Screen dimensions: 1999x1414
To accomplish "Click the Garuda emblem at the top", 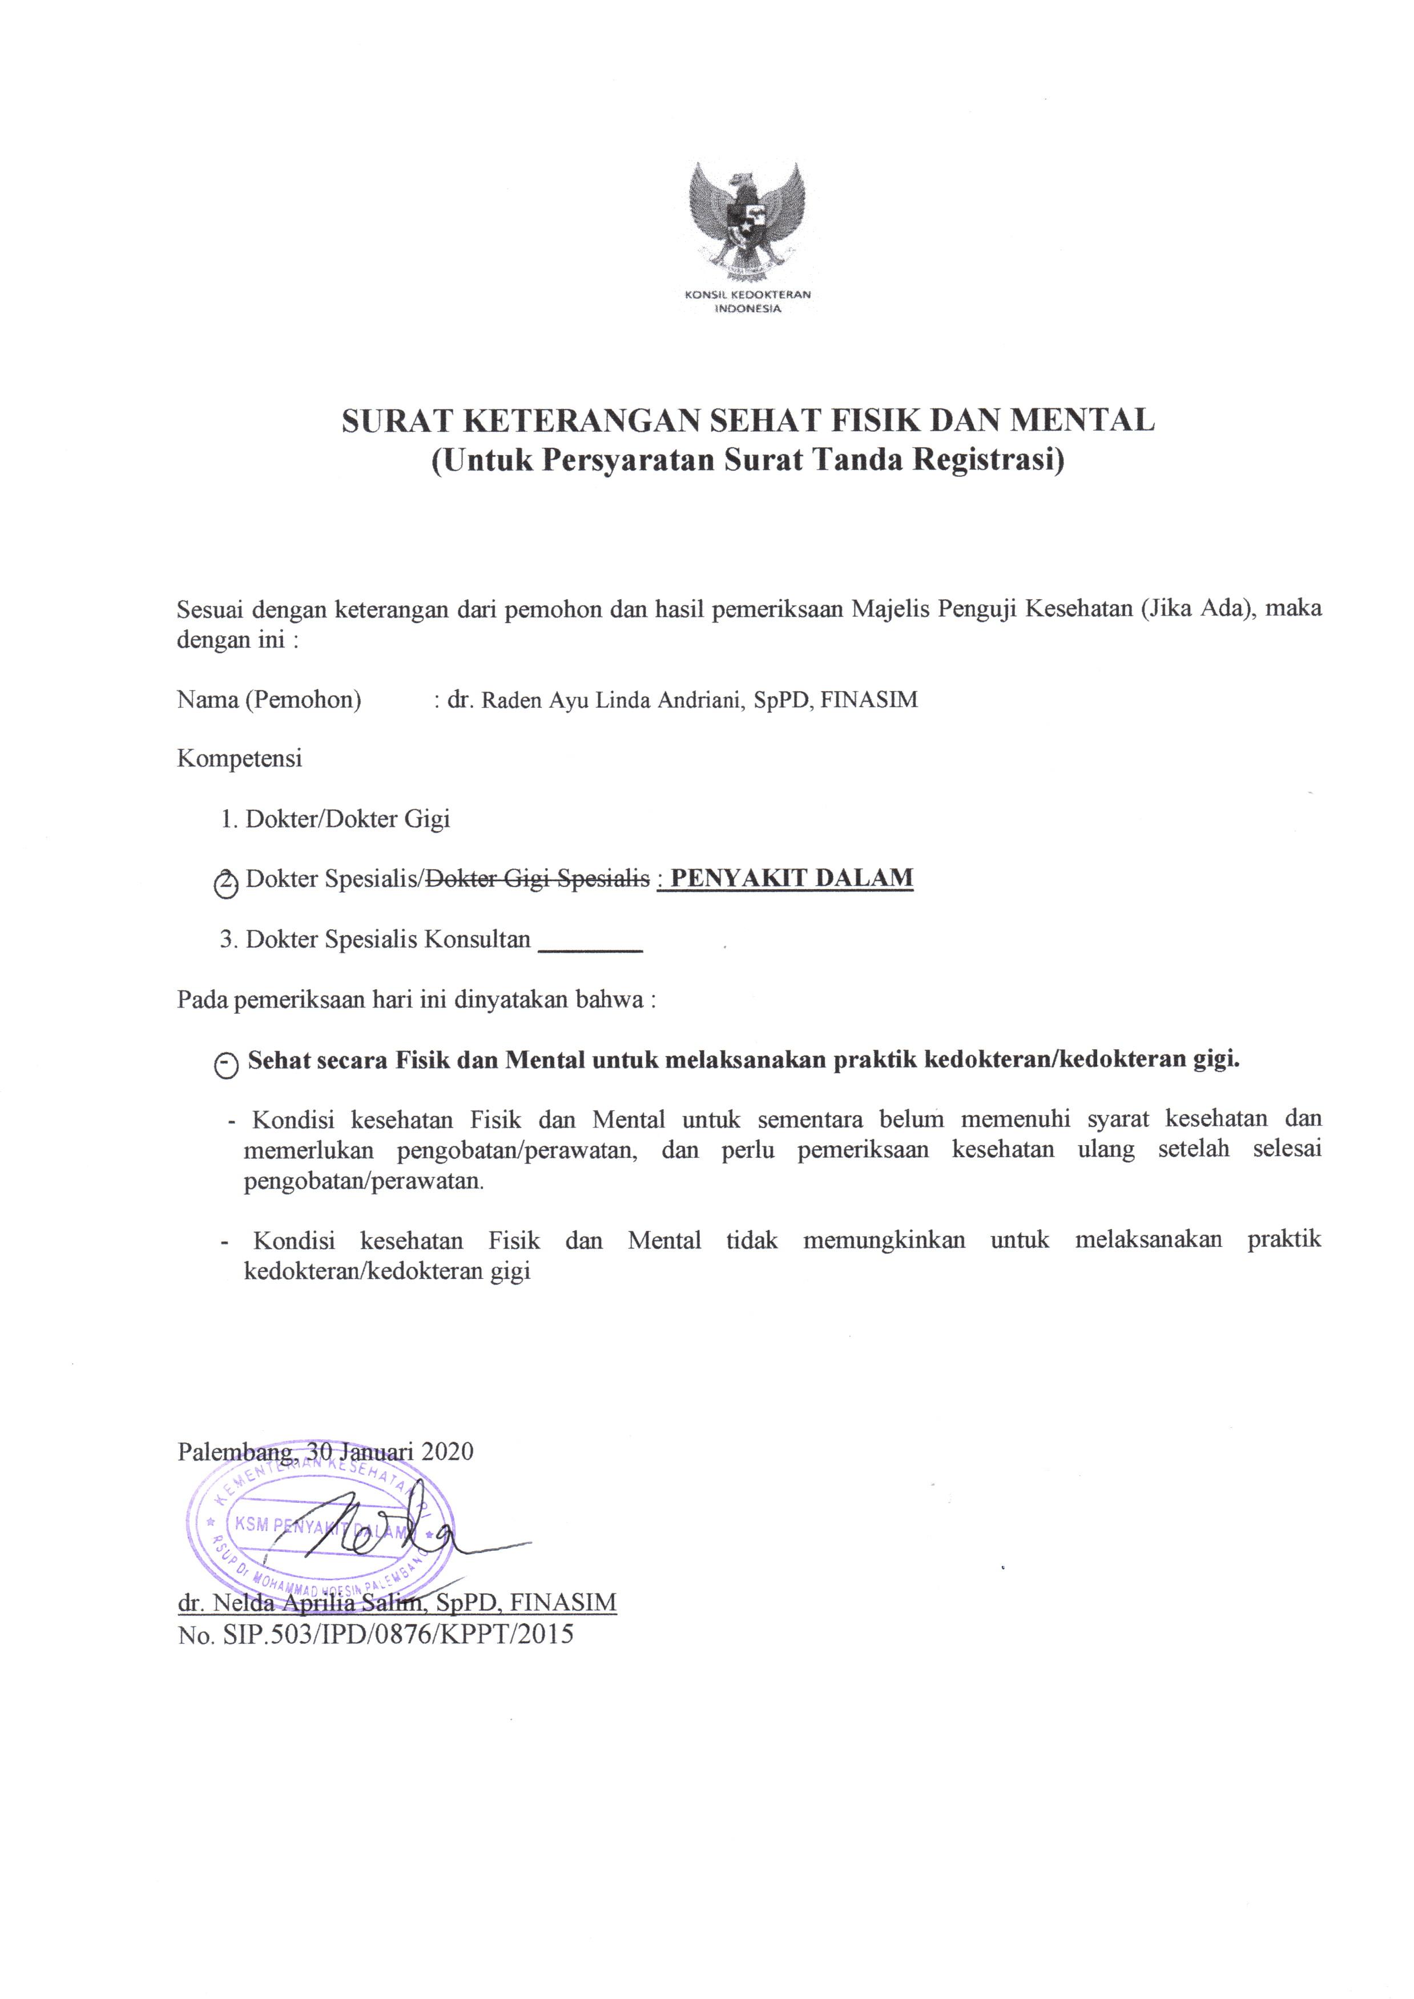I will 747,218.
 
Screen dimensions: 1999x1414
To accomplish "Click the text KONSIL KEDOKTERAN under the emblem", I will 748,294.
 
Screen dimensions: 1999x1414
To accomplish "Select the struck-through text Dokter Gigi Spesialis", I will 537,879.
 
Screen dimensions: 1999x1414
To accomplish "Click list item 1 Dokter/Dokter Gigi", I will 335,819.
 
